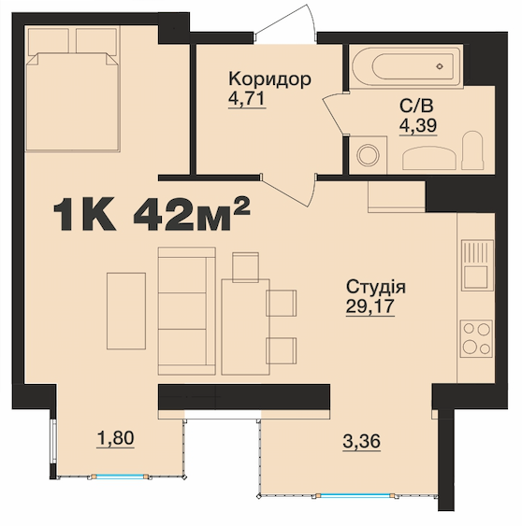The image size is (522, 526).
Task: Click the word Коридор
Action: [269, 79]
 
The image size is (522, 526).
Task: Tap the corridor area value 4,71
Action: [247, 99]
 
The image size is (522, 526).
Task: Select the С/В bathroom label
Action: [416, 106]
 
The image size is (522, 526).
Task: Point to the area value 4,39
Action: [418, 125]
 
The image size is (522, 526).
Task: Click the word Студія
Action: [376, 287]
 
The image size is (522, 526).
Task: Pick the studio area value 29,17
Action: [370, 306]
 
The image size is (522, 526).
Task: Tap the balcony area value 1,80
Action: [116, 438]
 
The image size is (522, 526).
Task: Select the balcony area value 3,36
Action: [361, 441]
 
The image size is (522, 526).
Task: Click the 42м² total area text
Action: [192, 213]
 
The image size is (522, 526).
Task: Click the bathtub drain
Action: [440, 66]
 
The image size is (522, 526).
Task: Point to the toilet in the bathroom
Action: [473, 150]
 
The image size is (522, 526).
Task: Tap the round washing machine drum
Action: [368, 155]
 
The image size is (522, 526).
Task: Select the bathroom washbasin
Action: [429, 158]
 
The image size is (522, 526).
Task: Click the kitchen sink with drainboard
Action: [477, 265]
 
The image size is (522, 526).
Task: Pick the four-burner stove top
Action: [476, 338]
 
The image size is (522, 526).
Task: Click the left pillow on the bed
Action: [49, 41]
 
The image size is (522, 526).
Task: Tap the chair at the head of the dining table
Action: [245, 267]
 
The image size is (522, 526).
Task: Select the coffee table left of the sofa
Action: [126, 311]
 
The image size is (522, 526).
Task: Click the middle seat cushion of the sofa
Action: [182, 310]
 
